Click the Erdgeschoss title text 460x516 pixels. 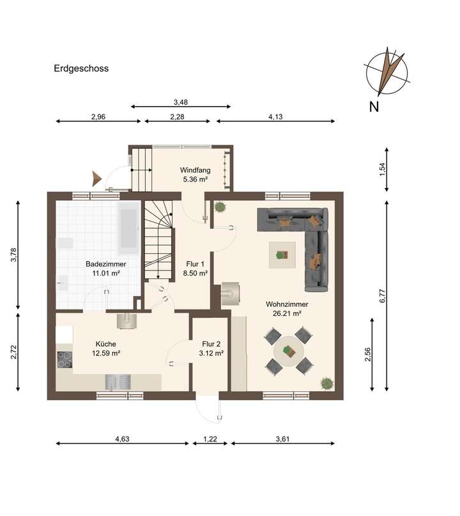tap(81, 68)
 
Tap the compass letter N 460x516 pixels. tap(374, 107)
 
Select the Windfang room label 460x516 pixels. tap(194, 175)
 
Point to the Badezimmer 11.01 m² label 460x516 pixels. tap(105, 269)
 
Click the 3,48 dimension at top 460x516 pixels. tap(181, 102)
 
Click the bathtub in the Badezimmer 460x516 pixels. tap(128, 228)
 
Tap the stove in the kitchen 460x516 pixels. tap(64, 360)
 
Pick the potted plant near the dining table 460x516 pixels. tap(327, 382)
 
